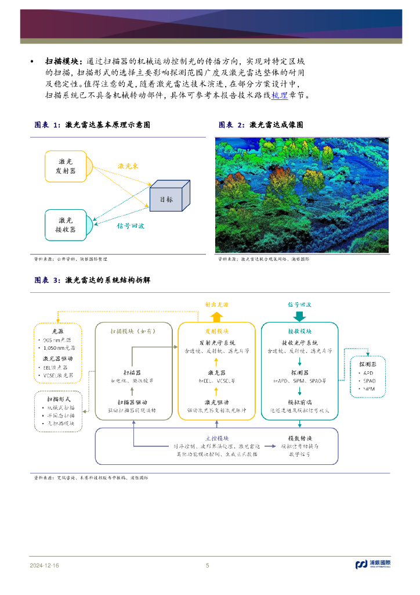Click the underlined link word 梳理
click(280, 95)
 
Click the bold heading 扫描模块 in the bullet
click(63, 61)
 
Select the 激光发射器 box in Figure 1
click(65, 167)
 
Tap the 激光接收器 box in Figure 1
click(65, 225)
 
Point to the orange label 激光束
click(128, 166)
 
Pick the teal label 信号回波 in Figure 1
click(130, 225)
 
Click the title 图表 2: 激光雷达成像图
click(261, 125)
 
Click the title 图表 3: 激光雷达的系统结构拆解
click(92, 280)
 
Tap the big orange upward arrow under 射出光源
click(216, 316)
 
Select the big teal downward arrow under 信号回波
click(299, 316)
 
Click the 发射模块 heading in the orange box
click(216, 331)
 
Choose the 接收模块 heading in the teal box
click(299, 331)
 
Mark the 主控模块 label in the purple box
click(217, 438)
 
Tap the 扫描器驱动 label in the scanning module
click(133, 402)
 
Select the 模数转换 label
click(300, 438)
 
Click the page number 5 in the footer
click(208, 565)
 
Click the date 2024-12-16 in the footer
click(45, 565)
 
